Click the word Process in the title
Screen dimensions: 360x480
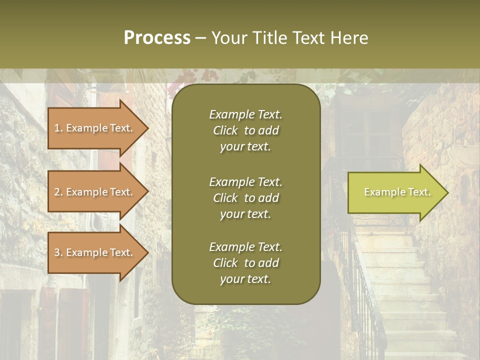point(157,38)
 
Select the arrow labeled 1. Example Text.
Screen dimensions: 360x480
point(95,128)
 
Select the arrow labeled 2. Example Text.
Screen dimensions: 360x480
point(95,192)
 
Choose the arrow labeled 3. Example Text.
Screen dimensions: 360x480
point(95,252)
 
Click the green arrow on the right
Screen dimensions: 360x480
point(395,192)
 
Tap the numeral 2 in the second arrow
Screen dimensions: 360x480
point(57,192)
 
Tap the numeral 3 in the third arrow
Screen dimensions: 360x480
point(57,252)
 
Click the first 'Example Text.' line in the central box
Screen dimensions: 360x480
point(245,114)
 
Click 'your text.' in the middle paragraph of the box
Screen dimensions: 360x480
point(245,214)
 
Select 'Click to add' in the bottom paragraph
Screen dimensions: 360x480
point(245,263)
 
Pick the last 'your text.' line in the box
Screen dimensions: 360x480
point(245,279)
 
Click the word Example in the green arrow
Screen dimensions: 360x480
point(380,192)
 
